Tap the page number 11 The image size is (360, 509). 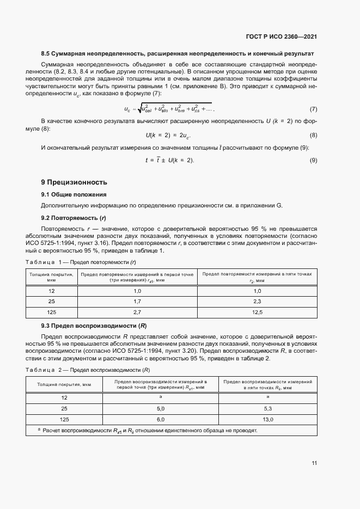tap(314, 463)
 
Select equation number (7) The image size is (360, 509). tap(313, 109)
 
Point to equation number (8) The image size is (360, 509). tap(313, 135)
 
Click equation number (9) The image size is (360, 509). tap(313, 160)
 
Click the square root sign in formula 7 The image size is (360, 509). tap(139, 109)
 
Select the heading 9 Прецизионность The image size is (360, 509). tap(74, 182)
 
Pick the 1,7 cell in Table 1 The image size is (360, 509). tap(137, 301)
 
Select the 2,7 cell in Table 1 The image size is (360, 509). tap(137, 312)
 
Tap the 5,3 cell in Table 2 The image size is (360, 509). tap(267, 408)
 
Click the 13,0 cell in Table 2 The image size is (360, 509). tap(267, 419)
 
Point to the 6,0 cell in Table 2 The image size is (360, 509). tap(161, 419)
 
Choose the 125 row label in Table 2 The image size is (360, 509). tap(64, 419)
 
